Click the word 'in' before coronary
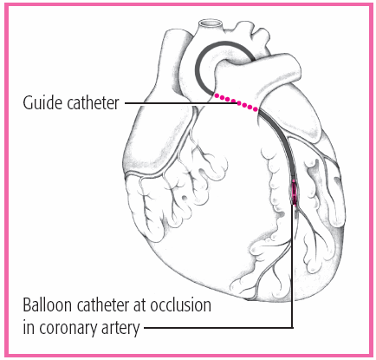(29, 327)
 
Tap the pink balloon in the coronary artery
(294, 192)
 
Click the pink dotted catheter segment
(236, 102)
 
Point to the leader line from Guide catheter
(181, 102)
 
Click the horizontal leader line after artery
(218, 328)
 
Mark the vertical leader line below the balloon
(292, 266)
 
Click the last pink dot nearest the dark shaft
(256, 109)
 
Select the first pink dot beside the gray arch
(217, 95)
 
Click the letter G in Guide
(28, 102)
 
